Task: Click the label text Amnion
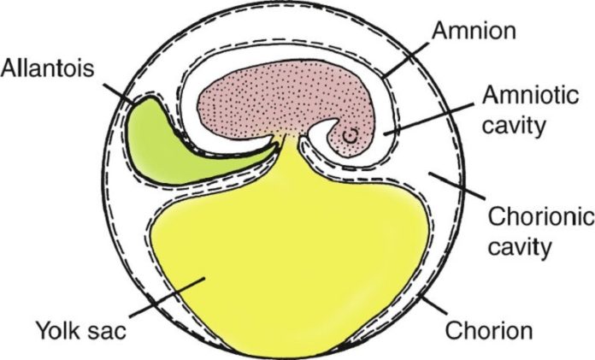coord(474,31)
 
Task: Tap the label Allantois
coord(47,68)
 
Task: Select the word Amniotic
coord(531,95)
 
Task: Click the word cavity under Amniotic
coord(514,125)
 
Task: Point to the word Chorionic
coord(541,217)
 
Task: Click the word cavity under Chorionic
coord(519,247)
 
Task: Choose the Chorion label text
coord(489,330)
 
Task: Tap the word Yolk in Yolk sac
coord(58,330)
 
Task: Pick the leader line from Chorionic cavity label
coord(457,186)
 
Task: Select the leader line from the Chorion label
coord(434,305)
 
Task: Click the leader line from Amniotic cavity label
coord(429,118)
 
